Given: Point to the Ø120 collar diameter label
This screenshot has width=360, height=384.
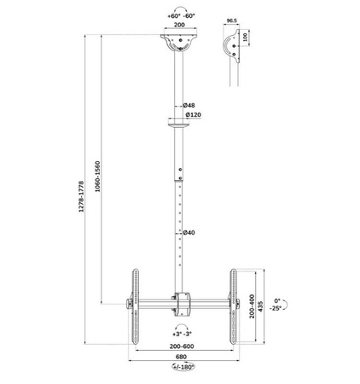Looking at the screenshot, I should [193, 115].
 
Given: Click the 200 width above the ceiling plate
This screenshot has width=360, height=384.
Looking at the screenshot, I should [180, 26].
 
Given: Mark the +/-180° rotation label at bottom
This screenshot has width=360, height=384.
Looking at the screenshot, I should [179, 368].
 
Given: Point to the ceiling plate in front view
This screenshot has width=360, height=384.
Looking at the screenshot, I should [180, 42].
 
